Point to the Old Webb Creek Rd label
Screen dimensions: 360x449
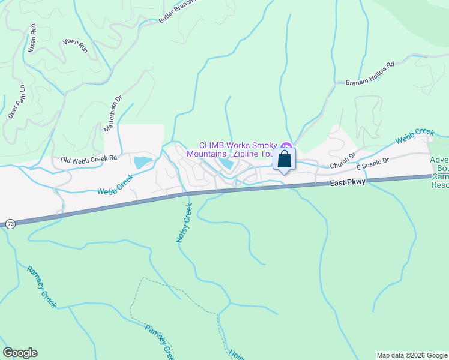tap(88, 159)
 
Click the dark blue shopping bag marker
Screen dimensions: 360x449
tap(285, 160)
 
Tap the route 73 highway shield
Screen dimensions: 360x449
tap(11, 224)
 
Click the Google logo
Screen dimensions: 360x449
tap(20, 353)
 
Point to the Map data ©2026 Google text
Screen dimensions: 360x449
tap(412, 355)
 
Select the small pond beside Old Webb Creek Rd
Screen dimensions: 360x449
tap(142, 161)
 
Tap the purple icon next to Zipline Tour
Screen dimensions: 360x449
tap(286, 146)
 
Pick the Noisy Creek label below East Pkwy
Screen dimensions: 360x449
tap(184, 223)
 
